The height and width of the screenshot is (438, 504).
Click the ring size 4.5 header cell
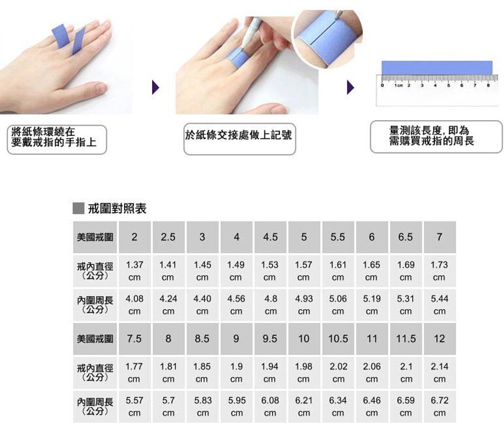point(270,237)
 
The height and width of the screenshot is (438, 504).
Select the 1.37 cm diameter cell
point(135,271)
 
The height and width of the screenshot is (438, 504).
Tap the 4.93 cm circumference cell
point(304,305)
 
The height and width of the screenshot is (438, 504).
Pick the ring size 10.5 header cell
point(338,339)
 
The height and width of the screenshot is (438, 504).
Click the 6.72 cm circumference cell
point(440,407)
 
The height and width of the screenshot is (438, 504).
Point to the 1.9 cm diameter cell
point(236,373)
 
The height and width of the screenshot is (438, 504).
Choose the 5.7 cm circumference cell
point(168,407)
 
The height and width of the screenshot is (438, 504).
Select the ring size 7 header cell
point(440,237)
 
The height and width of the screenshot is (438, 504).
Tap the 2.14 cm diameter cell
point(440,373)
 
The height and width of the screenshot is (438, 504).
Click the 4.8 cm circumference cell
point(270,305)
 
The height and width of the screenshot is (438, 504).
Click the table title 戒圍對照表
point(117,209)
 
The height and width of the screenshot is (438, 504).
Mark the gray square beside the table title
point(78,208)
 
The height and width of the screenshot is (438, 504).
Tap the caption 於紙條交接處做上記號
point(239,135)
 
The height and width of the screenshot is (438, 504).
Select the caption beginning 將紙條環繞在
point(54,137)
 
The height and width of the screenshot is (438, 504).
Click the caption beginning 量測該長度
point(431,136)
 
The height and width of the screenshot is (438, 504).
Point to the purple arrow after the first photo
point(156,88)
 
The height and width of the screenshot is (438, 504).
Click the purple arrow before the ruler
point(350,88)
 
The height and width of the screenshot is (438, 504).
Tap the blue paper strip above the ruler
point(437,68)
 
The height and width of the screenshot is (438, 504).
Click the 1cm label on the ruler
point(399,86)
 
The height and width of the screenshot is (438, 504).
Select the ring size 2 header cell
point(135,237)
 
